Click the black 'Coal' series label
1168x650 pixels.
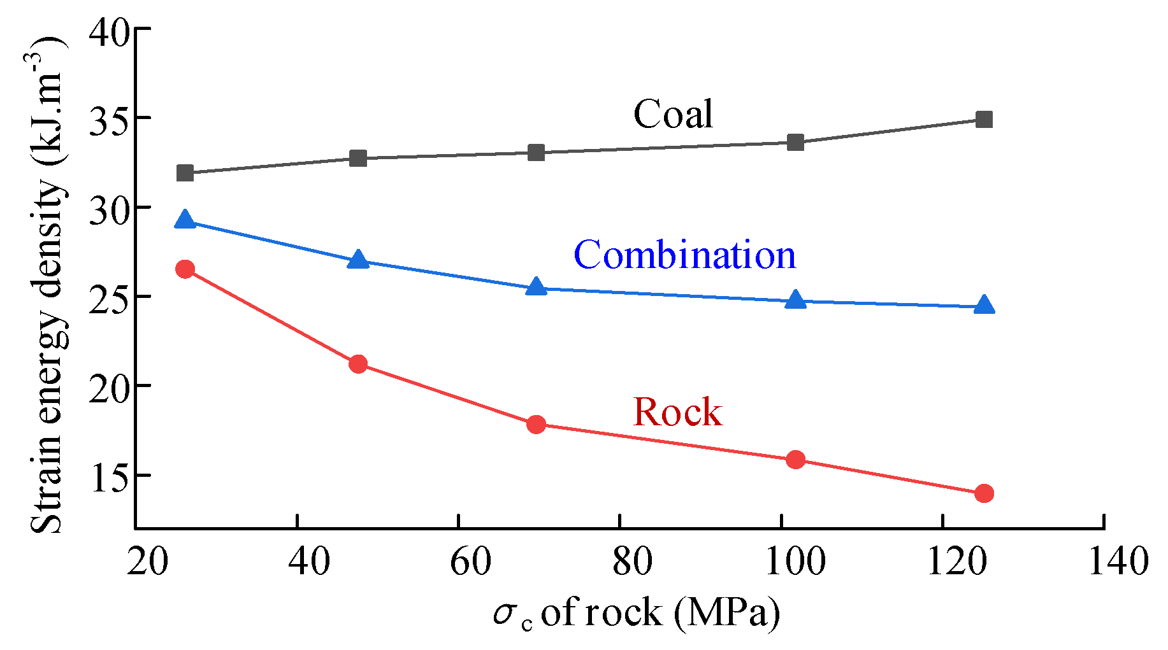(673, 114)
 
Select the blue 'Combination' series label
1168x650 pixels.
(684, 255)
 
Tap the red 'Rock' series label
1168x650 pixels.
(677, 412)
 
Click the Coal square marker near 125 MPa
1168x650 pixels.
(984, 119)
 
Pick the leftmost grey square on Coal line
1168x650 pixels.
(185, 173)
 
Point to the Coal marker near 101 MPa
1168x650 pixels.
(795, 142)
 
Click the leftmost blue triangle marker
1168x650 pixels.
(185, 220)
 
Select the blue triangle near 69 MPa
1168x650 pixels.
(537, 287)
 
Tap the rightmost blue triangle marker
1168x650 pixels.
(984, 305)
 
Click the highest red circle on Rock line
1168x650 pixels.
(185, 269)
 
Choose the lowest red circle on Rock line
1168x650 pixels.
(984, 493)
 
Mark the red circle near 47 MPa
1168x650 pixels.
(358, 364)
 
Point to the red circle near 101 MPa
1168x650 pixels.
(795, 460)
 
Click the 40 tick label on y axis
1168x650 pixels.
(109, 31)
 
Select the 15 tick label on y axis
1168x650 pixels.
(109, 476)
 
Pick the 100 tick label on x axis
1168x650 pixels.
(795, 561)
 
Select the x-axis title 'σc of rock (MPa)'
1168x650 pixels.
(636, 613)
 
